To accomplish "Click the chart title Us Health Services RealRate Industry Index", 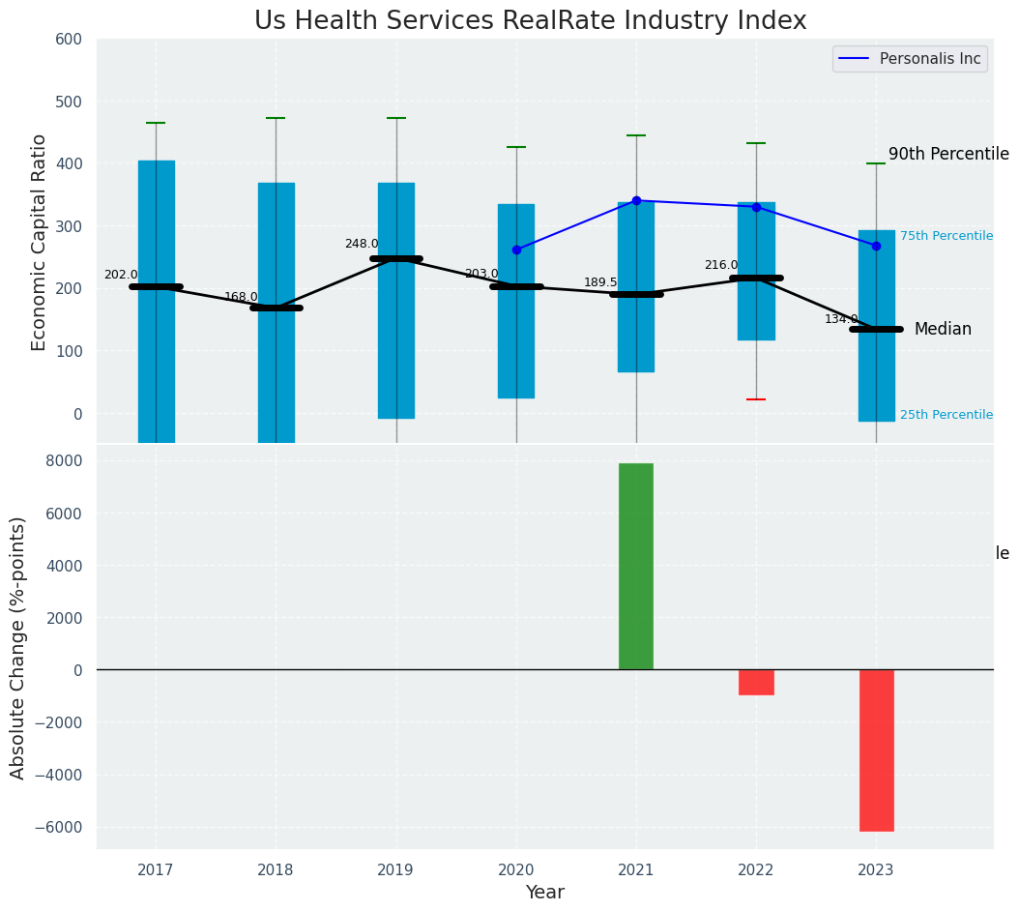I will [x=530, y=21].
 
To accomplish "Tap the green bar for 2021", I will [x=636, y=566].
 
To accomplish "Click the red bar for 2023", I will [x=876, y=749].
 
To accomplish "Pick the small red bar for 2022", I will [x=756, y=682].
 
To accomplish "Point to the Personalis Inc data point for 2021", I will [x=636, y=200].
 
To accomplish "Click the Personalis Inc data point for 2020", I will [x=516, y=250].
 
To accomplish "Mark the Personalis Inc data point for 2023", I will [x=876, y=246].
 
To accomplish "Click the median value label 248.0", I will [x=362, y=244].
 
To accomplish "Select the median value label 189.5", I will [x=600, y=282].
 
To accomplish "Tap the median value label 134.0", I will [x=841, y=319].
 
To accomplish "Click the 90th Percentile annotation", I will [x=948, y=155].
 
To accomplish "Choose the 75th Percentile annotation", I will [x=946, y=236].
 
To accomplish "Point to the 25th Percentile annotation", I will [x=946, y=415].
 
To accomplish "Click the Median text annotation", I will [x=943, y=330].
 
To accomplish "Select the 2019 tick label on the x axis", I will [x=395, y=870].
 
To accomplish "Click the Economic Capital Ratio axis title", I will [x=40, y=242].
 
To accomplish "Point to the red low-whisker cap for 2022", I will [x=756, y=399].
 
